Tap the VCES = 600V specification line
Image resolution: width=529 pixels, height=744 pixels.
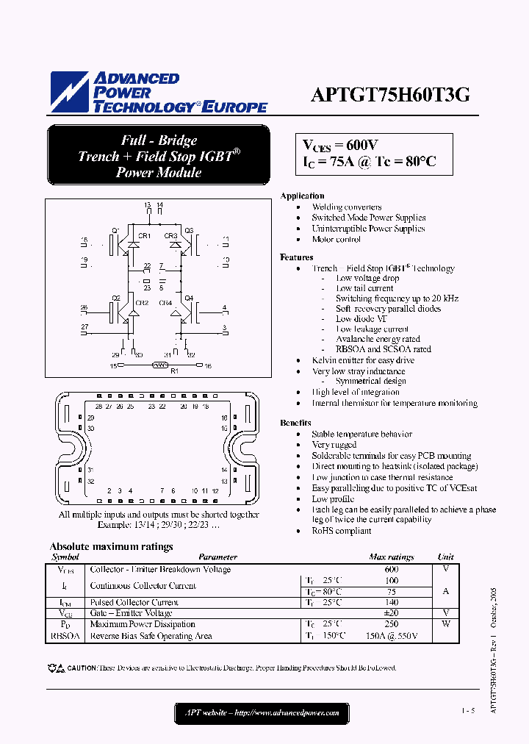tap(341, 145)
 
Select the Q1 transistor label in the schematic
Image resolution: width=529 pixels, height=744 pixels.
tap(115, 231)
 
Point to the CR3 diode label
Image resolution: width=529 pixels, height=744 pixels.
tap(170, 236)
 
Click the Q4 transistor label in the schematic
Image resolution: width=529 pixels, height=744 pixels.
tap(189, 298)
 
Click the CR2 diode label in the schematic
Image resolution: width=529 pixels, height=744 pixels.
tap(143, 303)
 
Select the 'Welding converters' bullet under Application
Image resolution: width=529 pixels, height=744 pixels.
tap(346, 207)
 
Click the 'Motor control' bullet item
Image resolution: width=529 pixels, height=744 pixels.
tap(336, 239)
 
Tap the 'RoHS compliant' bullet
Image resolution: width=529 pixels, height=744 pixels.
tap(341, 530)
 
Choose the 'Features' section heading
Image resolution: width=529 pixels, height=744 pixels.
tap(296, 257)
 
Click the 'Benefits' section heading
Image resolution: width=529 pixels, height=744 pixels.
tap(295, 423)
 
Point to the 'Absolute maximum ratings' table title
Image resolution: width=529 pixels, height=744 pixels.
tap(111, 546)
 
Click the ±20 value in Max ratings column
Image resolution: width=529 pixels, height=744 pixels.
tap(391, 613)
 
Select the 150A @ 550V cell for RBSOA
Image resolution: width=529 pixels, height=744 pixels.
tap(391, 636)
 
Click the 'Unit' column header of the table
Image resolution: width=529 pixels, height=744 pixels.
tap(445, 557)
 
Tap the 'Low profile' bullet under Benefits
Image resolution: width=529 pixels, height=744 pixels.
tap(334, 498)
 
